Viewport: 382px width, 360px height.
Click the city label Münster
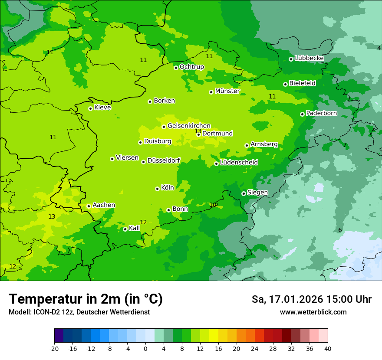[227, 91]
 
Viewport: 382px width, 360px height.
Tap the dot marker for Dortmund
[198, 134]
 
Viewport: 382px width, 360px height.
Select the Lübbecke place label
[309, 58]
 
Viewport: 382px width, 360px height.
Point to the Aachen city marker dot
[89, 206]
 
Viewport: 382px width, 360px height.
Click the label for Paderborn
[321, 113]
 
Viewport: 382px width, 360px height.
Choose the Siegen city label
[257, 193]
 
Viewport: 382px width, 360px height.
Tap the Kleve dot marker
[90, 108]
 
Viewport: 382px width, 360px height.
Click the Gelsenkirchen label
[189, 126]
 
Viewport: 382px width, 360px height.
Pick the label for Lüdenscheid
[239, 163]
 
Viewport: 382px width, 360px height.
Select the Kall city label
[135, 228]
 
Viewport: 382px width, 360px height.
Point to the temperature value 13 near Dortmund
[198, 131]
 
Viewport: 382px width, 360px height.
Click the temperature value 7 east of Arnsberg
[345, 145]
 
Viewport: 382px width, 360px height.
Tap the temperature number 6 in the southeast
[340, 230]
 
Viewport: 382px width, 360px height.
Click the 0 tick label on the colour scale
[145, 349]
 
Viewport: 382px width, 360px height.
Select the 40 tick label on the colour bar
[327, 349]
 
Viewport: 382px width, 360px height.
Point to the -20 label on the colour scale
[54, 349]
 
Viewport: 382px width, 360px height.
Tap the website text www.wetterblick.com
[313, 312]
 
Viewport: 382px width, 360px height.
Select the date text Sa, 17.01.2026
[287, 299]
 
